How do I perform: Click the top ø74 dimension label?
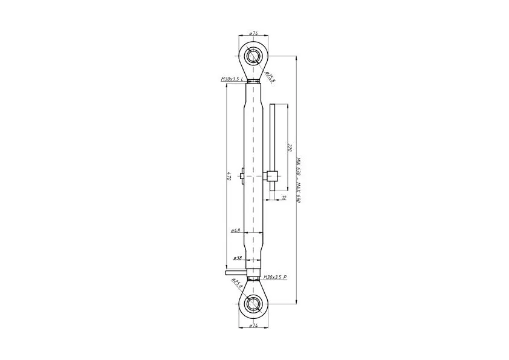pyautogui.click(x=253, y=33)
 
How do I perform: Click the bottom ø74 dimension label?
pyautogui.click(x=253, y=326)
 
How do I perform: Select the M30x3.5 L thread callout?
pyautogui.click(x=232, y=79)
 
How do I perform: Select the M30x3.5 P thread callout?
pyautogui.click(x=275, y=277)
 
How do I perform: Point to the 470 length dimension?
pyautogui.click(x=229, y=176)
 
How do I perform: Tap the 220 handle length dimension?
pyautogui.click(x=290, y=148)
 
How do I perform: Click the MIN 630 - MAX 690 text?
pyautogui.click(x=299, y=180)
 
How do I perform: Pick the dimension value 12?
pyautogui.click(x=284, y=197)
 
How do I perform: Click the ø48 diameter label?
pyautogui.click(x=235, y=231)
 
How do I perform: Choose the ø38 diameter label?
pyautogui.click(x=238, y=258)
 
